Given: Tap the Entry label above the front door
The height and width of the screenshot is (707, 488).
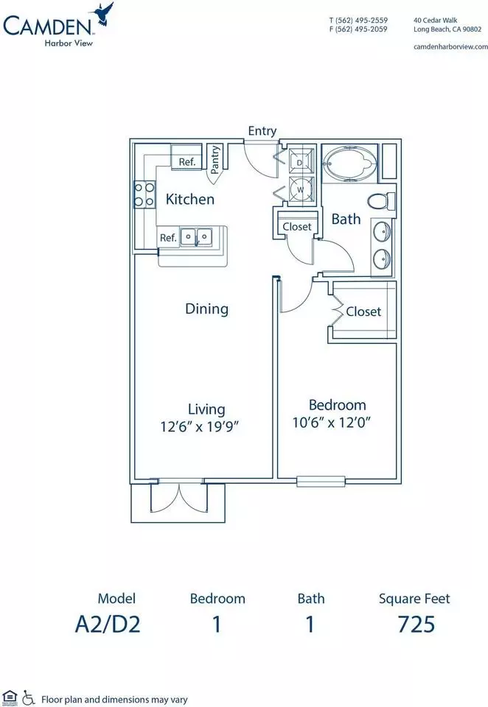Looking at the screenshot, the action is [x=262, y=131].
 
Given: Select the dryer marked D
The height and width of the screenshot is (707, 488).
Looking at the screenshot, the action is [x=301, y=161].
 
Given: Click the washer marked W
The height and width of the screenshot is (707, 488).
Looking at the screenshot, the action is [x=301, y=190].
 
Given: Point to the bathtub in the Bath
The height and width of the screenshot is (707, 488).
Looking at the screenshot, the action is [x=350, y=163].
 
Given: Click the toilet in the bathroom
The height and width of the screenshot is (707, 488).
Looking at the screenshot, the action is [x=381, y=201].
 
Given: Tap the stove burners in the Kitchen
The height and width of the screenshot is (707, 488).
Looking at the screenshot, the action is [x=144, y=194].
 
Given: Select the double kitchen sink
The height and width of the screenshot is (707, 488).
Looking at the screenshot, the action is [x=196, y=236].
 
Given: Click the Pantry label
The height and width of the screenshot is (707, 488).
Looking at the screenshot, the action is [x=215, y=160].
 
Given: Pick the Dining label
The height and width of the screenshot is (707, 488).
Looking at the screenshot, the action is [x=206, y=309].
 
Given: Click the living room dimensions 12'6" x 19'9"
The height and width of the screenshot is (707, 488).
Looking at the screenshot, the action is [x=199, y=426].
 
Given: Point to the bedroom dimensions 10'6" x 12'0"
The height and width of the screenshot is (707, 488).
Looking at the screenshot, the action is [x=332, y=423].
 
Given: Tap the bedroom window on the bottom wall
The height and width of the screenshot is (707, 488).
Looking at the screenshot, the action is [x=321, y=482].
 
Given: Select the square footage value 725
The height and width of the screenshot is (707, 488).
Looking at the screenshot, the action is [x=416, y=625].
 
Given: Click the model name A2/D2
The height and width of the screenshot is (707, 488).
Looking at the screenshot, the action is [x=108, y=625].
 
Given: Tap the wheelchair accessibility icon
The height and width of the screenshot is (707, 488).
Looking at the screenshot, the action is [x=28, y=697].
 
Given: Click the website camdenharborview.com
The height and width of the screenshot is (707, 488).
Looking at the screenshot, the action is [x=450, y=46].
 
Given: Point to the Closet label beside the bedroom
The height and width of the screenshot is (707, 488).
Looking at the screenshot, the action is [x=363, y=312].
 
